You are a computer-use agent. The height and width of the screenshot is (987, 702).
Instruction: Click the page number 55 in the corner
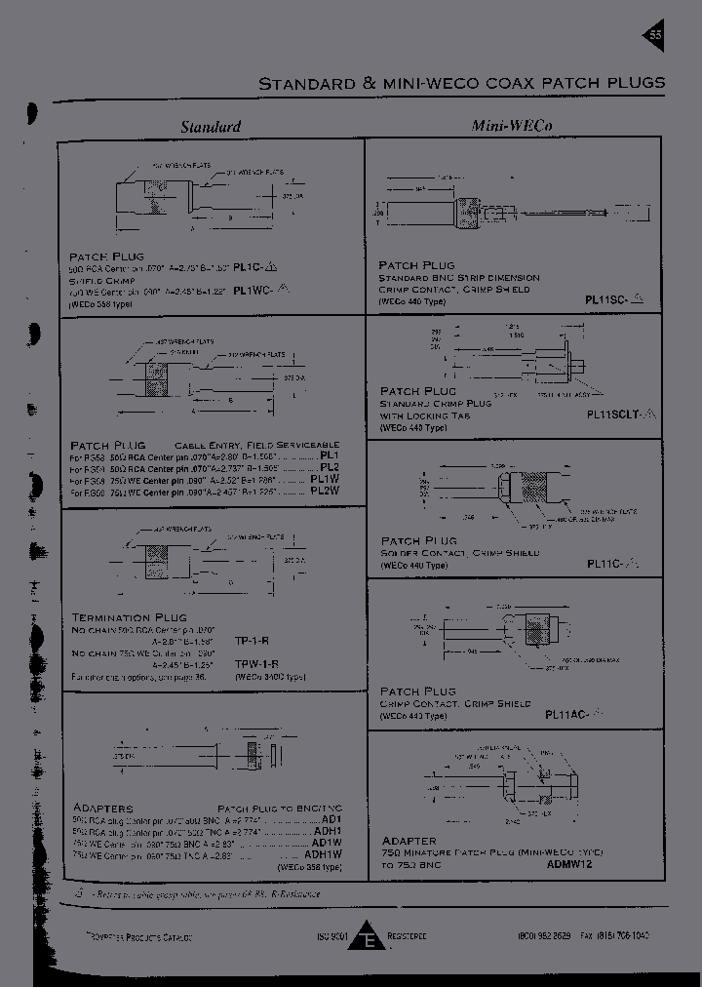(x=655, y=36)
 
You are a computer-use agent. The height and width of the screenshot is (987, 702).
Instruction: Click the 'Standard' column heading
(x=211, y=127)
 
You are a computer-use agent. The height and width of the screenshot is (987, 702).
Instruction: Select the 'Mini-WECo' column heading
(x=506, y=126)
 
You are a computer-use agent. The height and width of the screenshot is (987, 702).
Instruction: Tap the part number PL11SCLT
(x=616, y=414)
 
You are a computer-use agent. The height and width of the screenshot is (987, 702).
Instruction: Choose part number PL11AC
(x=568, y=715)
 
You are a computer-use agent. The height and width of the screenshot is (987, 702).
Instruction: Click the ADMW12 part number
(x=569, y=863)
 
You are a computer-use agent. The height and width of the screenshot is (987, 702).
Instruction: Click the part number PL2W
(x=323, y=492)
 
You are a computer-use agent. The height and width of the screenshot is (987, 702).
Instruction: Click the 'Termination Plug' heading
(x=125, y=617)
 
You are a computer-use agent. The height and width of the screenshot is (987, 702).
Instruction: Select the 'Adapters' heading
(x=102, y=809)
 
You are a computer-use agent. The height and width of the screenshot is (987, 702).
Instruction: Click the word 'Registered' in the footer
(x=407, y=936)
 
